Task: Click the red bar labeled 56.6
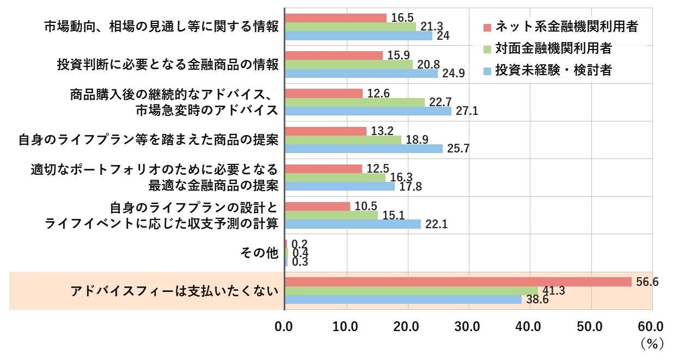pos(458,282)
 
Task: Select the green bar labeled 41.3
pos(411,291)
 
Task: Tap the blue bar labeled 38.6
pos(403,300)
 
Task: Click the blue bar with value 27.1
pos(368,111)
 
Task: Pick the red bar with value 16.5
pos(335,18)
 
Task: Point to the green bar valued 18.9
pos(343,139)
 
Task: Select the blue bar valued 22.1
pos(352,224)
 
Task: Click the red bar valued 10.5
pos(317,206)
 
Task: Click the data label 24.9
pos(453,74)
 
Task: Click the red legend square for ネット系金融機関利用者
pos(487,27)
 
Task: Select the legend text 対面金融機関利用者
pos(553,48)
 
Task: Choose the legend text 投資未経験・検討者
pos(553,71)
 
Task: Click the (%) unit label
pos(651,344)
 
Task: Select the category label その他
pos(259,253)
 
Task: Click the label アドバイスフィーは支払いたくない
pos(174,291)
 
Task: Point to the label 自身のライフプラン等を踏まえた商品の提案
pos(148,140)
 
